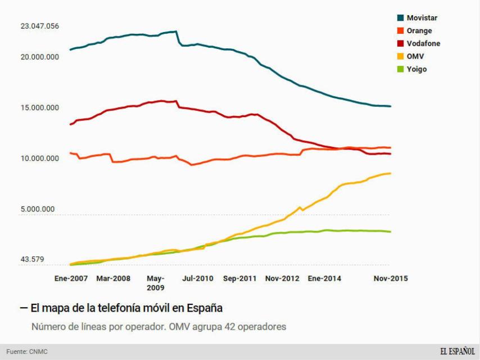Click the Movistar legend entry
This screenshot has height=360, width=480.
tap(421, 18)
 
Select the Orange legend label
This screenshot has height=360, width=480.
tap(419, 31)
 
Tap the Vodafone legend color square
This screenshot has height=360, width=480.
tap(400, 44)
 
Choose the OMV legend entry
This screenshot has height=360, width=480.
tap(415, 57)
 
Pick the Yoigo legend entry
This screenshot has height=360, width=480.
tap(416, 70)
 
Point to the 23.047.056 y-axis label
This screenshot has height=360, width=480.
tap(39, 26)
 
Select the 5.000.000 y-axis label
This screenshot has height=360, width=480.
tap(37, 209)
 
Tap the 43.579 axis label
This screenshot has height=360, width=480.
tap(33, 260)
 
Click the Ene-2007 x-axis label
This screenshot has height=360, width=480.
tap(72, 278)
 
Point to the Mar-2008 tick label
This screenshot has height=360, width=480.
tap(113, 278)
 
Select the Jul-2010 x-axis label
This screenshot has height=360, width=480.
tap(198, 278)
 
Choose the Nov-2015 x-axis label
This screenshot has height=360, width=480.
tap(391, 278)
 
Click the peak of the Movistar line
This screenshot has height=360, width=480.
tap(175, 31)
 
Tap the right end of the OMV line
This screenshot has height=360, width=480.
tap(391, 173)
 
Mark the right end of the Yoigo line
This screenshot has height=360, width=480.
tap(391, 232)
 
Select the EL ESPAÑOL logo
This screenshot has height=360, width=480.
tap(456, 352)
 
